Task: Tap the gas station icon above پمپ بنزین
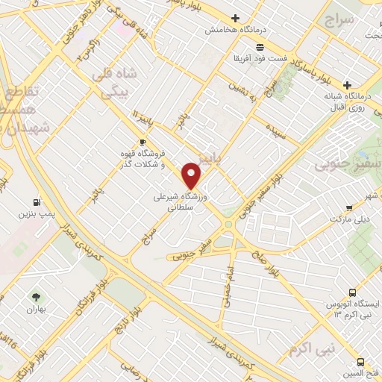point(36,201)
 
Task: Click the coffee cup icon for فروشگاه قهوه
point(143,141)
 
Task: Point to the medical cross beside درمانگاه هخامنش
point(236,19)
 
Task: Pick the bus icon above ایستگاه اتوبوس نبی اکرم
point(352,293)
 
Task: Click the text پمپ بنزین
point(35,214)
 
